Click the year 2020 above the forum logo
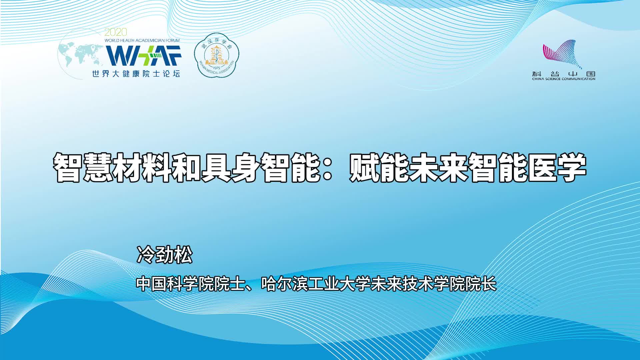[x=116, y=32]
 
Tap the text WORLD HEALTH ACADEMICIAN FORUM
[x=142, y=40]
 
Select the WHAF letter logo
[x=144, y=55]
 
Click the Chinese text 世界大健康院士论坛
[x=136, y=74]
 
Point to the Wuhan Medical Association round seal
[x=217, y=55]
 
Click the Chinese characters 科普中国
[x=564, y=74]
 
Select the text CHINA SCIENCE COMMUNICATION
[x=564, y=79]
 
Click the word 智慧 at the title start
[x=83, y=167]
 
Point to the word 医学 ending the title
[x=557, y=167]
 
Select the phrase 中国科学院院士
[x=189, y=284]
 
